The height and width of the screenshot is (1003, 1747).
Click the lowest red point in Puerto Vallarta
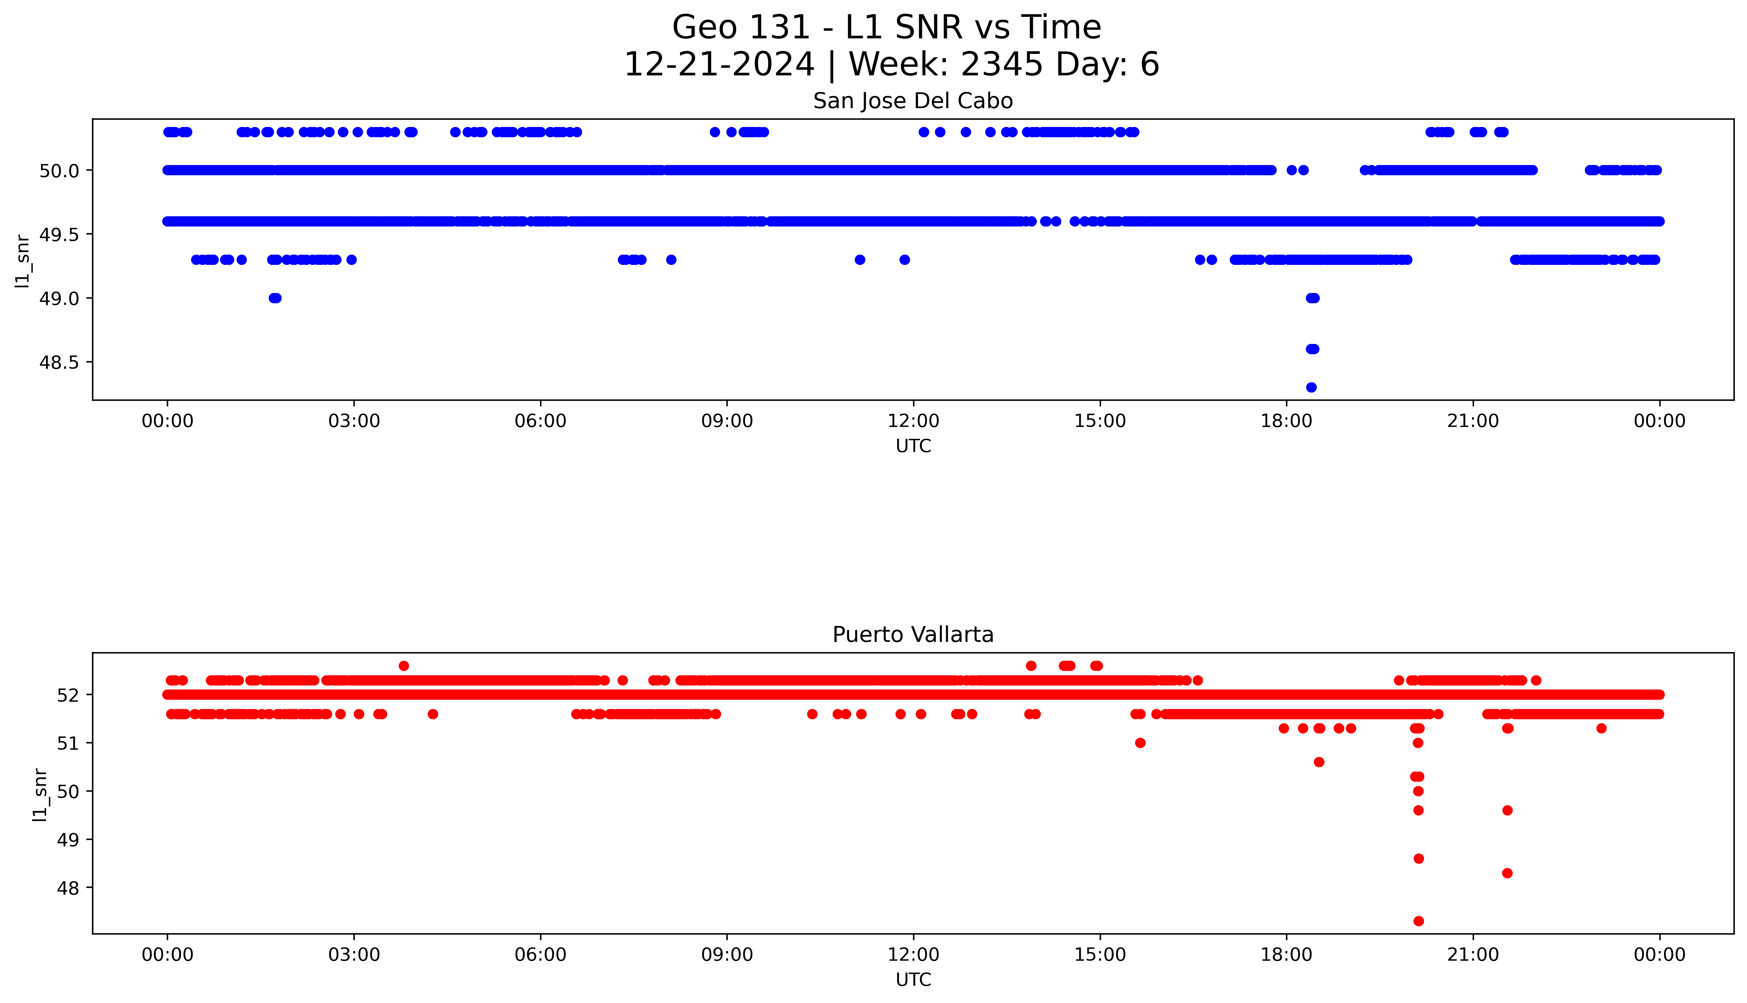click(x=1418, y=921)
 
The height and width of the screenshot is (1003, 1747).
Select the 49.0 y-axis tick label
click(x=59, y=298)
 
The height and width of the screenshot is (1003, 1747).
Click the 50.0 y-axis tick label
click(x=59, y=170)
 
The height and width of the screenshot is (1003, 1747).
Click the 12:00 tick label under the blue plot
click(x=913, y=421)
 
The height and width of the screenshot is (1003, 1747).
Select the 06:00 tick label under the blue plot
click(x=540, y=421)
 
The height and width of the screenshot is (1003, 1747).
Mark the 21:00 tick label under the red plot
click(x=1473, y=955)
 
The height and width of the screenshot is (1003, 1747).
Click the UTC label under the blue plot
click(x=913, y=446)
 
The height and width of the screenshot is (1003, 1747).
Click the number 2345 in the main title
click(x=1001, y=65)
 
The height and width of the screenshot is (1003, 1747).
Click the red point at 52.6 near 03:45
click(x=404, y=665)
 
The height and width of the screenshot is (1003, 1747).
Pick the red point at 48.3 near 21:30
click(x=1507, y=873)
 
